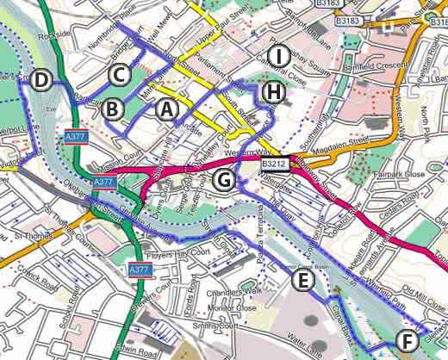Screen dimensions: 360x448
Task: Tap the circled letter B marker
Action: click(x=110, y=109)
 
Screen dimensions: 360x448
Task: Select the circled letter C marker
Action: click(x=120, y=74)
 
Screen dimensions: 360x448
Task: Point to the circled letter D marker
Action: click(x=40, y=81)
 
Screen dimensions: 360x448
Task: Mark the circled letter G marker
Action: click(x=223, y=180)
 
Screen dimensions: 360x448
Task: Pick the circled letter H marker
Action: click(x=273, y=91)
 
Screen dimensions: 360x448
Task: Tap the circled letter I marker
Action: click(x=277, y=57)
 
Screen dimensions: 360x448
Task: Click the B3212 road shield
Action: click(x=273, y=161)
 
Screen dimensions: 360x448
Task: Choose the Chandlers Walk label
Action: click(x=231, y=293)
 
